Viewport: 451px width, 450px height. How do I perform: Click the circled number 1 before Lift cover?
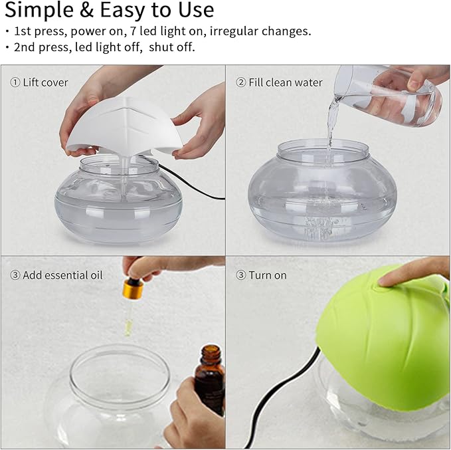[x=15, y=83]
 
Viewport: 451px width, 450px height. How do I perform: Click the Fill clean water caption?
[x=286, y=83]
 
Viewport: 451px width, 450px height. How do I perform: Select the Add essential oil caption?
[x=62, y=275]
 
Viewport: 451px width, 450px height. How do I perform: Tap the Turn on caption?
[x=268, y=275]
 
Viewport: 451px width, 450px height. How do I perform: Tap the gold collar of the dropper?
[x=134, y=289]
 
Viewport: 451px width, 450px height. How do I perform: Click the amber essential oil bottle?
[x=209, y=379]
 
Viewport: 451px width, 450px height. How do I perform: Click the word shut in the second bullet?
[x=163, y=48]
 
